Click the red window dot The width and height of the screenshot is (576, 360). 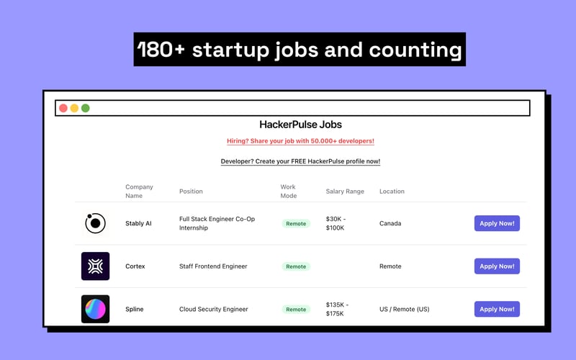point(63,108)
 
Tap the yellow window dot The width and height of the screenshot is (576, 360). point(74,108)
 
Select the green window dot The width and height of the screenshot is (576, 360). point(86,108)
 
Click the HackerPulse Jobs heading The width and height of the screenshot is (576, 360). point(300,125)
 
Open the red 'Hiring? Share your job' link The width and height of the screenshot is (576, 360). point(300,141)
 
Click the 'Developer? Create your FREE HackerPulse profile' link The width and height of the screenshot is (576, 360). point(300,161)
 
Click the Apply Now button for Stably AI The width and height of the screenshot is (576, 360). point(497,223)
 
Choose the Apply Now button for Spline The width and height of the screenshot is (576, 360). point(497,309)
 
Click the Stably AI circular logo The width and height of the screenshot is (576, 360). point(95,223)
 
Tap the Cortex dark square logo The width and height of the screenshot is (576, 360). point(95,266)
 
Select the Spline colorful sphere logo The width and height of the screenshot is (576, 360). point(95,309)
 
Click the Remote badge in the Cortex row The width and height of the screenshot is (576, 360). point(296,266)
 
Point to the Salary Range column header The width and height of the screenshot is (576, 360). point(345,192)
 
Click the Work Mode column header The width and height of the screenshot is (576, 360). point(288,192)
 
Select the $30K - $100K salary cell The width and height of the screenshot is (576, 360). point(335,223)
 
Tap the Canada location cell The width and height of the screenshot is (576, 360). point(390,223)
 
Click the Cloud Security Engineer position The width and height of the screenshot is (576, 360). point(213,310)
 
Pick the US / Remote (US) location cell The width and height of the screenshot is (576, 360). point(404,310)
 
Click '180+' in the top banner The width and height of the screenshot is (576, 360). point(161,50)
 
